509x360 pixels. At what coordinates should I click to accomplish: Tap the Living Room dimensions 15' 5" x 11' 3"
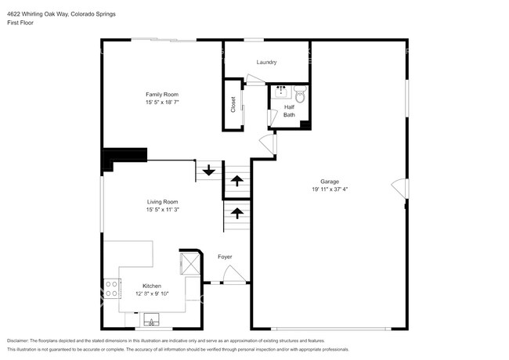[163, 210]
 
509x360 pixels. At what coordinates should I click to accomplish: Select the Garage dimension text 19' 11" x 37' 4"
[329, 189]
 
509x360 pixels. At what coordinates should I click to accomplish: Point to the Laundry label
[267, 62]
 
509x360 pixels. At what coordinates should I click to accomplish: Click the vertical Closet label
[233, 104]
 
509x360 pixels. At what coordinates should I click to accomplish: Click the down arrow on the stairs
[209, 170]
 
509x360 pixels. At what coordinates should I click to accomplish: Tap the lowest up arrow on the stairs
[235, 212]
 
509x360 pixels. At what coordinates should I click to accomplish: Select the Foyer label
[225, 257]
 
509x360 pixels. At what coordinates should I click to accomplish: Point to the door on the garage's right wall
[400, 189]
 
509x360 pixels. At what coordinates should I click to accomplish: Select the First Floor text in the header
[20, 23]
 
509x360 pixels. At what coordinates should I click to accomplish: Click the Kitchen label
[152, 286]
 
